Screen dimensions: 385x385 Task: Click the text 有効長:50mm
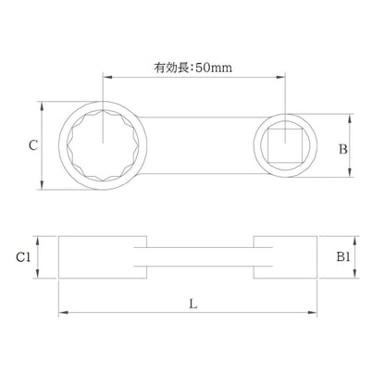click(193, 68)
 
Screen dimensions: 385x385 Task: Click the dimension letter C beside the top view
click(33, 145)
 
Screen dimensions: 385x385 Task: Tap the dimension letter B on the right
click(343, 149)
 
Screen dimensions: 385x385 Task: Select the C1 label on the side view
click(23, 256)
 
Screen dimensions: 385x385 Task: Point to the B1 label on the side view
click(343, 256)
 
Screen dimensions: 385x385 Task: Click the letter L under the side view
click(193, 304)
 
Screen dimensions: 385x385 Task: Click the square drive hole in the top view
click(285, 145)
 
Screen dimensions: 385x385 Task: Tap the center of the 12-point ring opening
click(103, 145)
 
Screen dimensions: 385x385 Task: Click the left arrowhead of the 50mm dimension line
click(106, 77)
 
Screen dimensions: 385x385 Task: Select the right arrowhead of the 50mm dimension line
click(280, 77)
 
